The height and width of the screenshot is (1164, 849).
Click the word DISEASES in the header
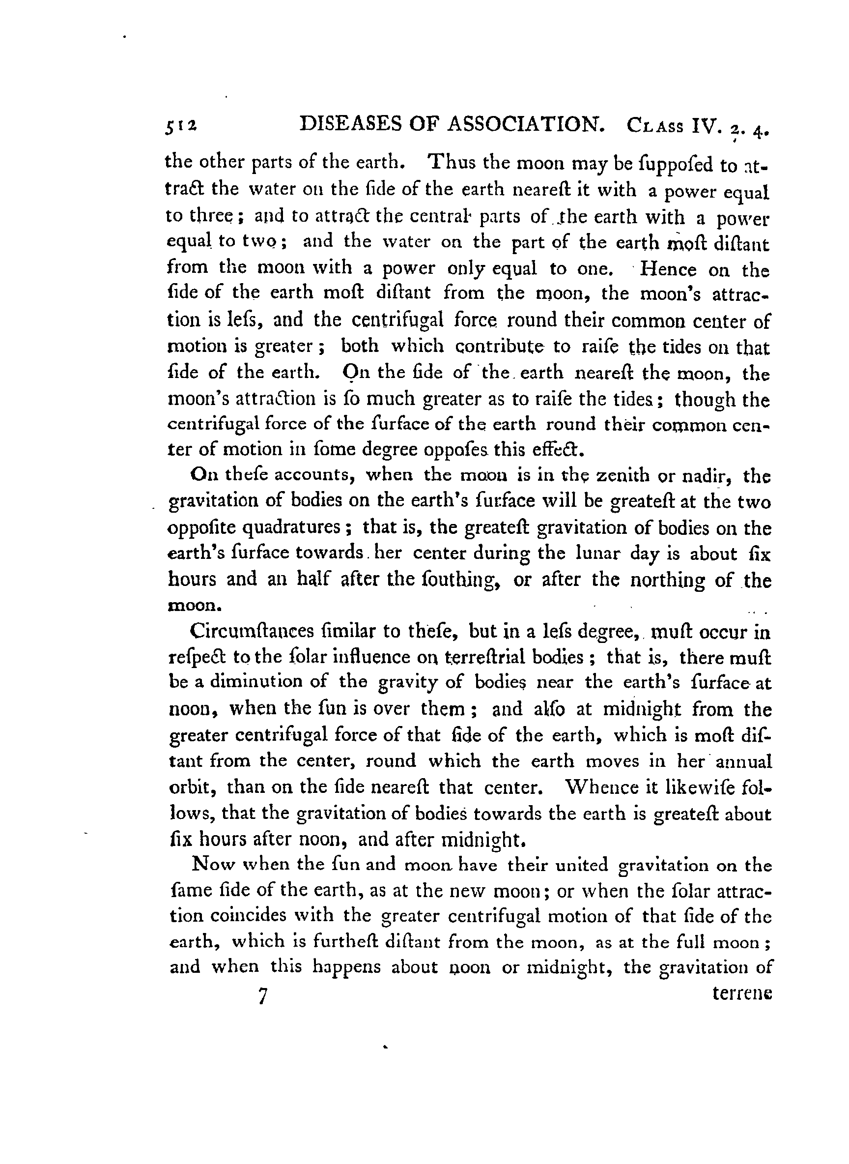coord(350,124)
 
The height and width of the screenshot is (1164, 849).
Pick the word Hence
coord(668,269)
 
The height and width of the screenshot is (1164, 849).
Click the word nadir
coord(705,476)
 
